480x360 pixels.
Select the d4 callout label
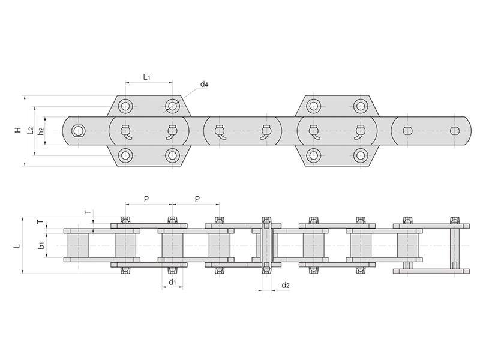tap(204, 85)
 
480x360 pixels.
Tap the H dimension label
tap(19, 130)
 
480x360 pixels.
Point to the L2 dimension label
tap(30, 130)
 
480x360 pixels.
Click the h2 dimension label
tap(40, 131)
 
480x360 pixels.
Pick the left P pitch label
tap(148, 198)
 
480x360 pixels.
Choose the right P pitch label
tap(196, 198)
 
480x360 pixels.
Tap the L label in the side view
tap(17, 246)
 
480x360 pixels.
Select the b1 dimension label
tap(40, 245)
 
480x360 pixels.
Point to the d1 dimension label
tap(172, 282)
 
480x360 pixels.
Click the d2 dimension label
tap(286, 285)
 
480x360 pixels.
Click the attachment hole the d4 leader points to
tap(173, 107)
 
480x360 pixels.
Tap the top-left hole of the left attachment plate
tap(125, 107)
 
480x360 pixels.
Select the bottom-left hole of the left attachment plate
tap(125, 155)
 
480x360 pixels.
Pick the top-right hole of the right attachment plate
tap(360, 107)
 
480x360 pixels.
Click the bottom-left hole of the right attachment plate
tap(313, 155)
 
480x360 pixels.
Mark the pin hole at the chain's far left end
tap(78, 131)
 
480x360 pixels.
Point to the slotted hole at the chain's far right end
tap(454, 131)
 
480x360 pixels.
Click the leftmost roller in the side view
tap(78, 245)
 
